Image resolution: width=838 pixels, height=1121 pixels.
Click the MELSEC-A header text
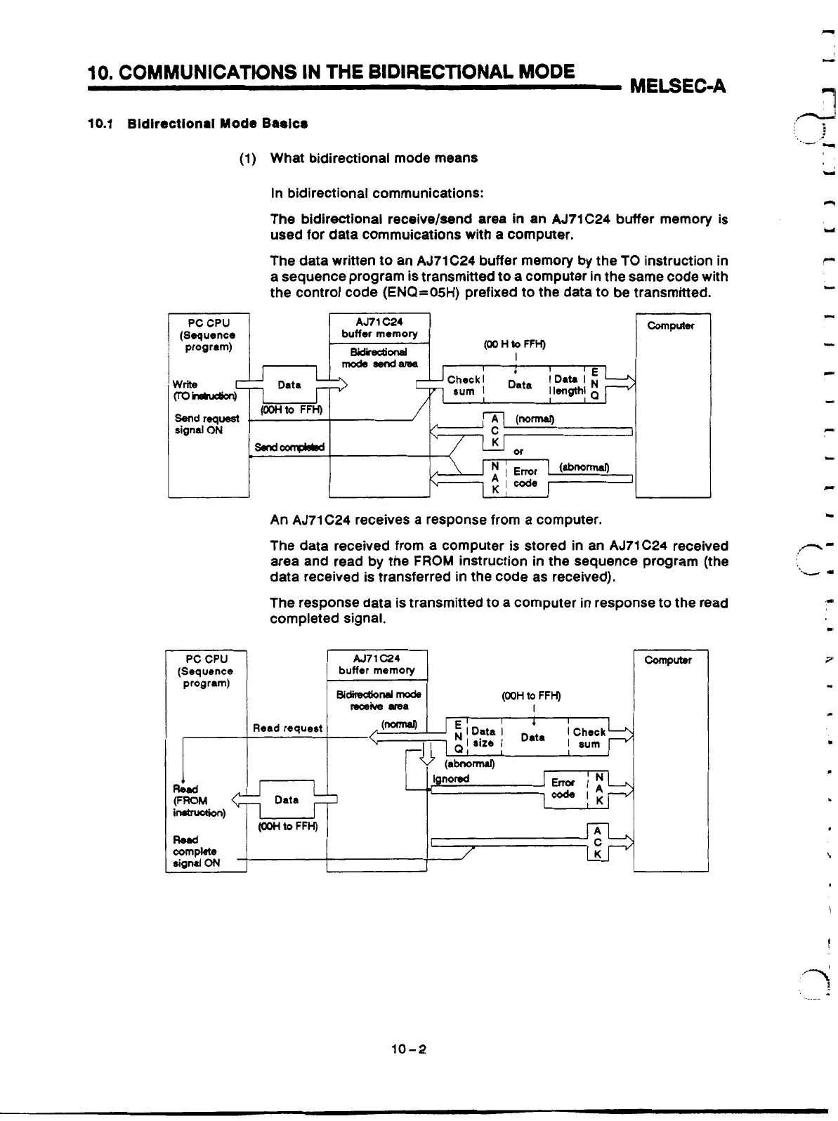(x=678, y=87)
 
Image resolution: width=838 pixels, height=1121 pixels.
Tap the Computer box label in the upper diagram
(x=670, y=326)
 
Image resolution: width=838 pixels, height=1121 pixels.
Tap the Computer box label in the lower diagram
(x=668, y=660)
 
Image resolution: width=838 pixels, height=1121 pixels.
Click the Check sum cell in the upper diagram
(x=463, y=386)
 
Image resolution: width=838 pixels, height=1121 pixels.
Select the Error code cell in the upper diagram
(x=525, y=478)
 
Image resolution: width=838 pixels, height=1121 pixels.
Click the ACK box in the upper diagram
(x=495, y=431)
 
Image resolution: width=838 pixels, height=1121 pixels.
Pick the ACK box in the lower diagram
(x=597, y=841)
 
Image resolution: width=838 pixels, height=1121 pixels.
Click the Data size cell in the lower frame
(x=483, y=737)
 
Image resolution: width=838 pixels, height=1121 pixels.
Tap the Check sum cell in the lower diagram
(x=589, y=737)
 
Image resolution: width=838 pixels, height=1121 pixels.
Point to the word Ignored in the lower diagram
(x=451, y=778)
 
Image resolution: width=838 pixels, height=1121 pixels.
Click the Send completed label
(x=289, y=447)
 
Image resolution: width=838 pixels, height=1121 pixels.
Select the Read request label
(x=287, y=728)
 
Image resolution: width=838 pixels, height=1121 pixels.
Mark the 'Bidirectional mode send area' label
(x=379, y=357)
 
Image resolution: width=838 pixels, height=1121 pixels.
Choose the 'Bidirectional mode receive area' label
(x=379, y=700)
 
